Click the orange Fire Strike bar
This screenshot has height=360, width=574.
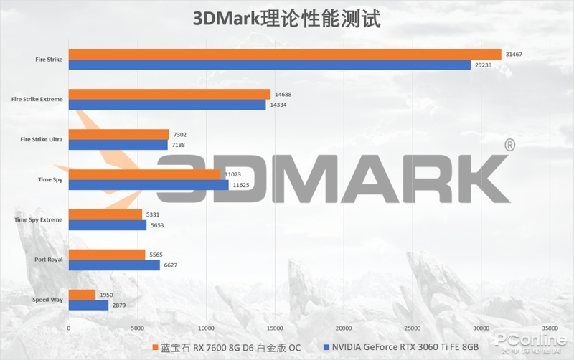[285, 54]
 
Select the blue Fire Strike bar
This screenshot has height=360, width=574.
[270, 65]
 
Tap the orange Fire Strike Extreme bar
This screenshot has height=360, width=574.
[169, 94]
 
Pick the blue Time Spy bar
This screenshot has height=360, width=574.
[149, 185]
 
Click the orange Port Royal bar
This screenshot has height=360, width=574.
[107, 255]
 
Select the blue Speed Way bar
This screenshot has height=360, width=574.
[88, 305]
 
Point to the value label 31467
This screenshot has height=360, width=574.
[514, 55]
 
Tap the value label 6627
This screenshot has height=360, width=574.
[172, 265]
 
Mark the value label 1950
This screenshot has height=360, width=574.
[107, 295]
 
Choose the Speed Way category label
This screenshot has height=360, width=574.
[47, 300]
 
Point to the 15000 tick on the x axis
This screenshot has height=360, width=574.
[275, 328]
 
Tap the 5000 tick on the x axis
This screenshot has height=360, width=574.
[137, 328]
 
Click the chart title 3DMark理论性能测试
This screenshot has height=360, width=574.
[287, 18]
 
